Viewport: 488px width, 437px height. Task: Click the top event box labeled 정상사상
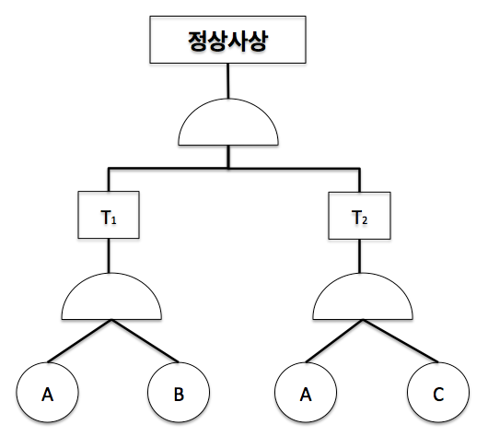point(227,40)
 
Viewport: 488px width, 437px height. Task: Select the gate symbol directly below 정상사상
point(228,123)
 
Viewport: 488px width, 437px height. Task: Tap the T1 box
point(109,215)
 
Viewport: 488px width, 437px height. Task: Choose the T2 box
point(359,216)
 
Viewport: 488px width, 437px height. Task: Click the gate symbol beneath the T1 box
point(111,297)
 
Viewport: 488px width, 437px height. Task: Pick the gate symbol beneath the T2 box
point(363,297)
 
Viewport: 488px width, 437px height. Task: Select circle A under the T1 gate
point(47,392)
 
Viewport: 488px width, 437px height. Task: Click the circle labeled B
point(179,392)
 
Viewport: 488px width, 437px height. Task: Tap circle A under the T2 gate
point(306,392)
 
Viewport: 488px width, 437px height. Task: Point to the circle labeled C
point(438,392)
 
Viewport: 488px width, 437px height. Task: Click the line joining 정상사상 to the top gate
point(228,81)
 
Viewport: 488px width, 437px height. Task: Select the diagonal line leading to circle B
point(145,341)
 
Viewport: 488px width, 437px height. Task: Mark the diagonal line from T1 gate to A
point(79,341)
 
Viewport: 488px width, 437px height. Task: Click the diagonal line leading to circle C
point(401,341)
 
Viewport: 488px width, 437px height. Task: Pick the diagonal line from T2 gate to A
point(334,341)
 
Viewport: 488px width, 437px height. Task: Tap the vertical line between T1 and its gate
point(109,256)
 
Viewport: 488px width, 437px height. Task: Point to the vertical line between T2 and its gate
point(360,256)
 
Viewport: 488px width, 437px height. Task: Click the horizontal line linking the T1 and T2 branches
point(234,169)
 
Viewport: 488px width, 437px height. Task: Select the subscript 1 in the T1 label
point(113,220)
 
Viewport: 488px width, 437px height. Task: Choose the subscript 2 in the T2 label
point(365,220)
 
